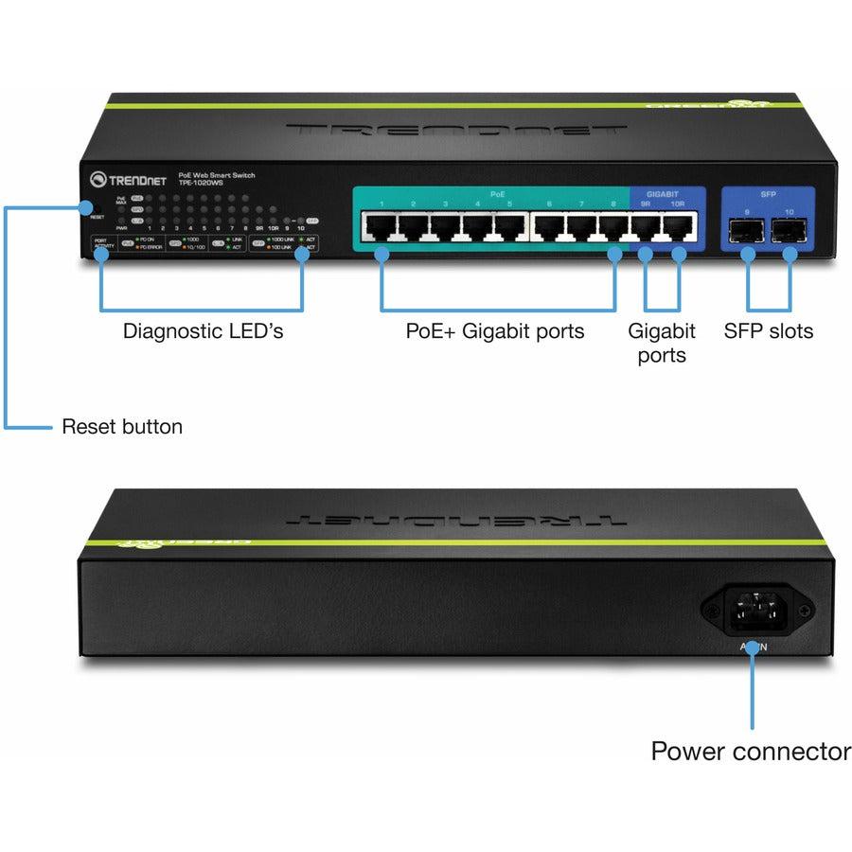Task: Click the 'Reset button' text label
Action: click(x=122, y=427)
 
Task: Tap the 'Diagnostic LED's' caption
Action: click(x=203, y=331)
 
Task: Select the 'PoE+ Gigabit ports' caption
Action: click(x=495, y=331)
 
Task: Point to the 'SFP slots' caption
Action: click(x=768, y=331)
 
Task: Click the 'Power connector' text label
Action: click(x=751, y=752)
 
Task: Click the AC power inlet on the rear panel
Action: click(x=754, y=609)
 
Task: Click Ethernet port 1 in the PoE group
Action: click(x=382, y=228)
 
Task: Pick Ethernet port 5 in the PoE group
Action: click(x=509, y=228)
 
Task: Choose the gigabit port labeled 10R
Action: click(x=679, y=228)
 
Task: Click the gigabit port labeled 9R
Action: click(x=647, y=228)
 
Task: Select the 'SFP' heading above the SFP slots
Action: click(x=768, y=192)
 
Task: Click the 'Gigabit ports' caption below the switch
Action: click(x=662, y=344)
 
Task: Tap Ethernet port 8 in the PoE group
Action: click(x=614, y=228)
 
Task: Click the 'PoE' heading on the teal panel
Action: click(x=497, y=193)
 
